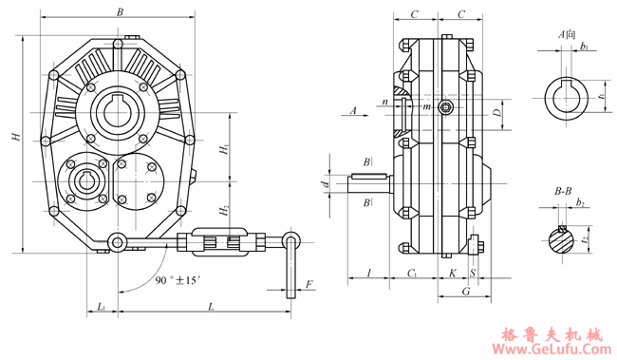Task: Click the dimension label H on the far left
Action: click(x=16, y=138)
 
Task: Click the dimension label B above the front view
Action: click(x=120, y=12)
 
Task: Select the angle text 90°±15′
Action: click(x=176, y=280)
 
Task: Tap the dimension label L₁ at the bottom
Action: click(x=102, y=307)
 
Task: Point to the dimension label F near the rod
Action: click(x=309, y=284)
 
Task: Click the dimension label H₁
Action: click(x=225, y=150)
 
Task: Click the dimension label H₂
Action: click(x=225, y=211)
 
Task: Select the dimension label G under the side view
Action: click(x=466, y=291)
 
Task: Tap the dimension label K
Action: click(x=453, y=273)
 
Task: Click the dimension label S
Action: click(x=473, y=273)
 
